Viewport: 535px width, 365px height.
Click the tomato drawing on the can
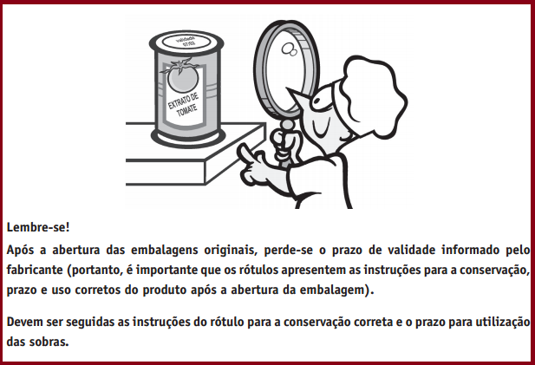(x=182, y=77)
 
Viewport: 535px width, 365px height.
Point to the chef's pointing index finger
(x=245, y=152)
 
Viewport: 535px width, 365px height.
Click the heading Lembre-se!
(x=38, y=227)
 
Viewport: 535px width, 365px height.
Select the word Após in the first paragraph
(x=20, y=251)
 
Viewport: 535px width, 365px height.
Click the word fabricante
(x=35, y=270)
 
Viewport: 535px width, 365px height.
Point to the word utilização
(x=503, y=322)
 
